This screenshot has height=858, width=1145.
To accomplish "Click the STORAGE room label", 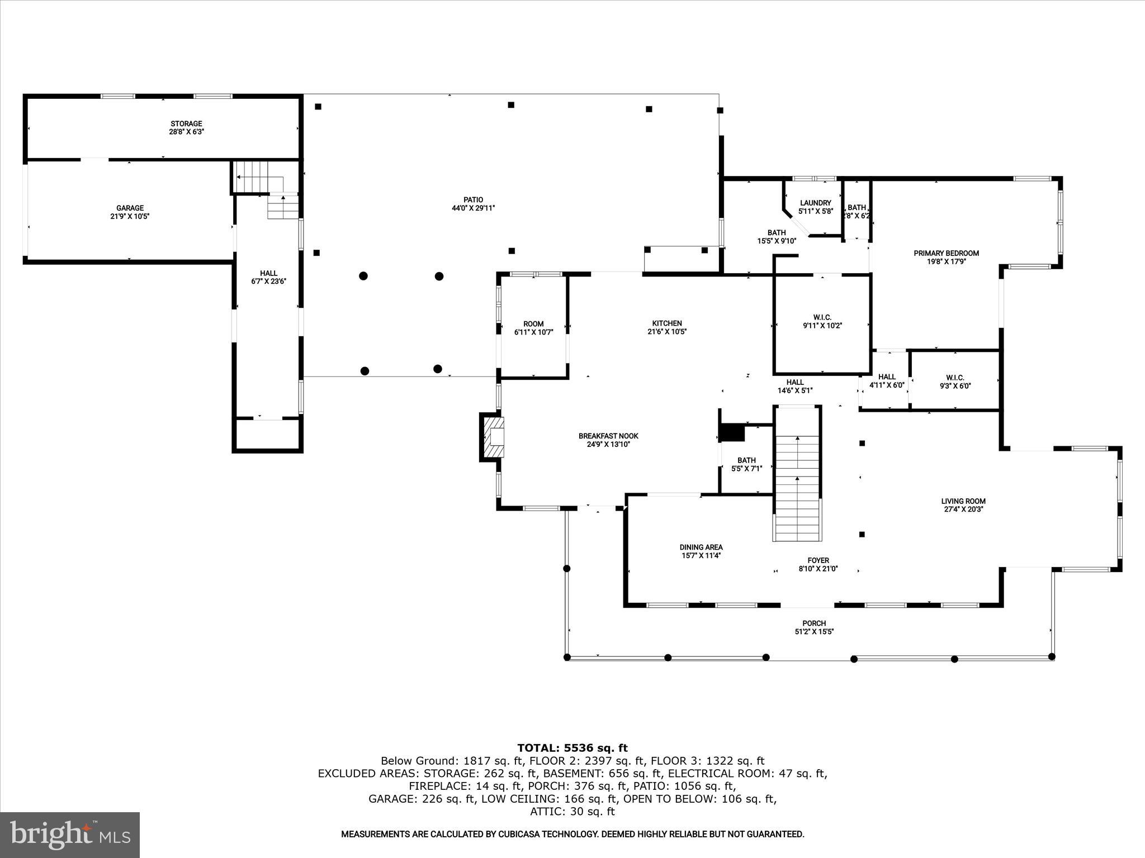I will pyautogui.click(x=186, y=123).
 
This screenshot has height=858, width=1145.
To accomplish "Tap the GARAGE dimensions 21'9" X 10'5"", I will pyautogui.click(x=130, y=216).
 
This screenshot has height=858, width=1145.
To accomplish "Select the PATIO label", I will pyautogui.click(x=473, y=199).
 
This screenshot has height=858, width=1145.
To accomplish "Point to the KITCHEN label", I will pyautogui.click(x=667, y=323).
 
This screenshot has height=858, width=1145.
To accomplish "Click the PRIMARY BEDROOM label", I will pyautogui.click(x=946, y=253).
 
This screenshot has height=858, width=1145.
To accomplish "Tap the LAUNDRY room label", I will pyautogui.click(x=815, y=203).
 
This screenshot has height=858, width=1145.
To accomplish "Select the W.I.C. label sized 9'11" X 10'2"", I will pyautogui.click(x=822, y=317).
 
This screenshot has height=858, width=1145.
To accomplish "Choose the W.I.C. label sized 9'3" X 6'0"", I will pyautogui.click(x=955, y=378).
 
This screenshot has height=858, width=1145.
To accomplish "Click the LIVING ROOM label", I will pyautogui.click(x=963, y=501).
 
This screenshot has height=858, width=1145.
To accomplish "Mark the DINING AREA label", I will pyautogui.click(x=701, y=547).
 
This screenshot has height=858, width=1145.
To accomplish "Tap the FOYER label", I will pyautogui.click(x=818, y=560).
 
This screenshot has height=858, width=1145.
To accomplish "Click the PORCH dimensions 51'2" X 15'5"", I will pyautogui.click(x=814, y=632).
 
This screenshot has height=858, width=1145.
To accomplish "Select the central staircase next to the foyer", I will pyautogui.click(x=797, y=475).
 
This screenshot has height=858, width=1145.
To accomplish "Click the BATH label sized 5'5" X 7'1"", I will pyautogui.click(x=746, y=460).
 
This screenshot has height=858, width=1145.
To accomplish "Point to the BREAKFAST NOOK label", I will pyautogui.click(x=608, y=436).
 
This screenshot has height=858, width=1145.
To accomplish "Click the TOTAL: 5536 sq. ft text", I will pyautogui.click(x=572, y=748).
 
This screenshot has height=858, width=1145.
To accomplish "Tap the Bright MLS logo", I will pyautogui.click(x=70, y=835).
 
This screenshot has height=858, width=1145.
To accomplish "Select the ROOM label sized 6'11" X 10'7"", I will pyautogui.click(x=533, y=323).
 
